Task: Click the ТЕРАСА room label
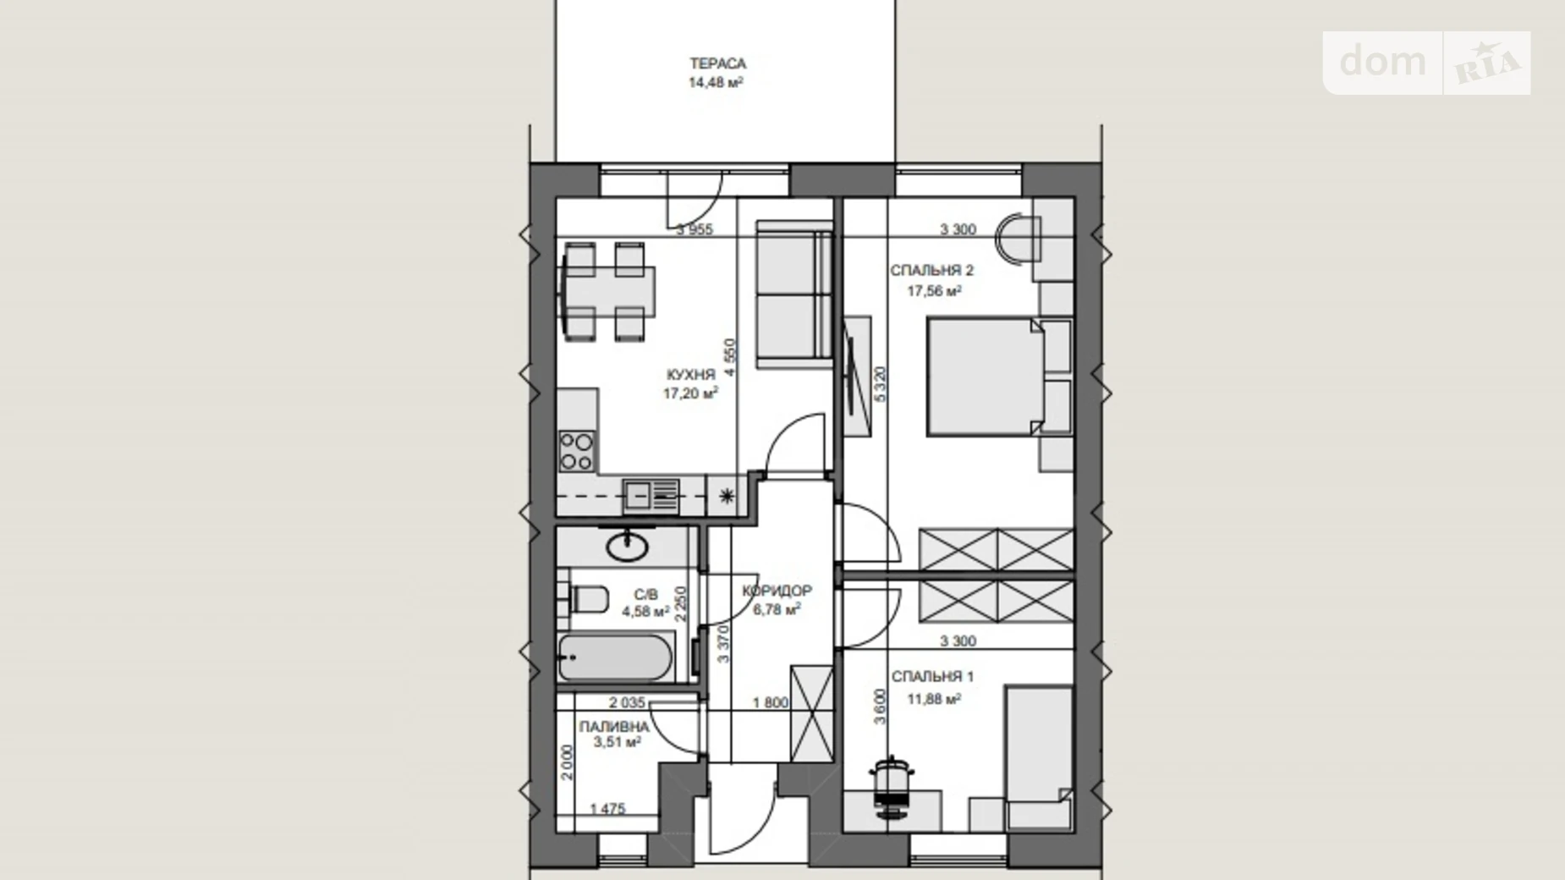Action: tap(717, 63)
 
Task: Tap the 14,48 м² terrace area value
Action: tap(716, 82)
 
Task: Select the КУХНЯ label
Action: tap(690, 374)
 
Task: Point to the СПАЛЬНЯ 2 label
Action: tap(931, 271)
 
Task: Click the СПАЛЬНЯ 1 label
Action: tap(932, 677)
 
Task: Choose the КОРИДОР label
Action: tap(777, 591)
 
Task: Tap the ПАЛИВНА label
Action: tap(614, 727)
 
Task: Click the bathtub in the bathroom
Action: tap(616, 657)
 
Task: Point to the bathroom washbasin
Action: tap(628, 546)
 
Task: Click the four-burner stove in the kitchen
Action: tap(576, 451)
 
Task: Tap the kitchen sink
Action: tap(651, 495)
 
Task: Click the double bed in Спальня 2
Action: tap(986, 377)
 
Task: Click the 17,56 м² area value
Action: tap(934, 291)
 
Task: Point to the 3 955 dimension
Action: tap(695, 228)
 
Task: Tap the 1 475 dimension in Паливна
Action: tap(607, 809)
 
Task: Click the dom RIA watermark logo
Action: tap(1427, 63)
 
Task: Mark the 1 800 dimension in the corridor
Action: tap(771, 702)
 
